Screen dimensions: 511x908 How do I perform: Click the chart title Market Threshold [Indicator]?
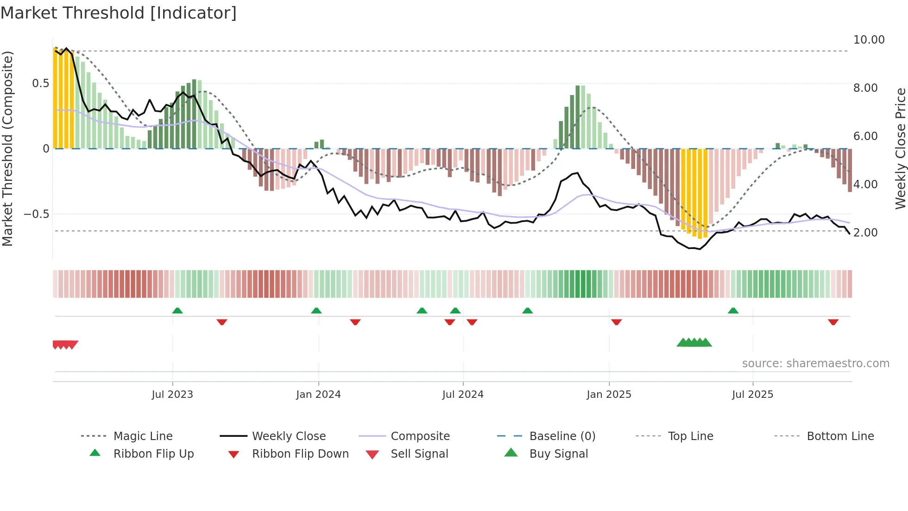pos(119,13)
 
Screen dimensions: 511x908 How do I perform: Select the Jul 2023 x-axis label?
pos(172,395)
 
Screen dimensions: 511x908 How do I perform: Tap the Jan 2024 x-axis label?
pos(318,395)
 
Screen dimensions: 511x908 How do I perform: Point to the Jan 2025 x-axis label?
pos(609,395)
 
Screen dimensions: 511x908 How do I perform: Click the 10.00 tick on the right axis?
pos(869,40)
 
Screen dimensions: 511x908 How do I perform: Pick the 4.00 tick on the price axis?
pos(865,185)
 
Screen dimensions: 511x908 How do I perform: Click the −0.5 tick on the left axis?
pos(36,214)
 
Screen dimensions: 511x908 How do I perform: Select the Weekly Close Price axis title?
pos(900,148)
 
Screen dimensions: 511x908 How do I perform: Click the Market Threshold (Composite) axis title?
pos(7,148)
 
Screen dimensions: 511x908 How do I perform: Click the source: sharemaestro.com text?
pos(815,364)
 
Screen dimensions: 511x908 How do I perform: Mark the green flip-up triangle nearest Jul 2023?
pos(177,311)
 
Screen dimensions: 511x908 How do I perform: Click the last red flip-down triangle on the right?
pos(833,322)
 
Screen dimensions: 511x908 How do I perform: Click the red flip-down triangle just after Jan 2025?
pos(616,322)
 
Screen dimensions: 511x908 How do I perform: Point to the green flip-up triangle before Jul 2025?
pos(733,311)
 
